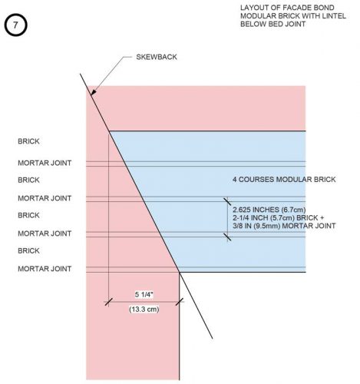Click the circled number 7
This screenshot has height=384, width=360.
[x=15, y=25]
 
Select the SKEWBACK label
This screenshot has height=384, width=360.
[x=157, y=57]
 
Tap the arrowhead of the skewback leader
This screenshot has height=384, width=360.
[x=93, y=92]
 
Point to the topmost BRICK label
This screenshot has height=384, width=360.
[x=28, y=141]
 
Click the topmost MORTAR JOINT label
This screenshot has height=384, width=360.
[x=45, y=163]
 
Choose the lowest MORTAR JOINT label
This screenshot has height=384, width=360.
[x=45, y=269]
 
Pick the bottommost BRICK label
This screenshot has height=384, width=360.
[x=28, y=250]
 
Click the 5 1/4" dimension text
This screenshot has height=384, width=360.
[x=144, y=295]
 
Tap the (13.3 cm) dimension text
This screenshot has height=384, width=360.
[x=144, y=310]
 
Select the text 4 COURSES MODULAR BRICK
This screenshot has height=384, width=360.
[x=284, y=180]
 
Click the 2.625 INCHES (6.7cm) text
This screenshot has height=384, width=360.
[x=269, y=210]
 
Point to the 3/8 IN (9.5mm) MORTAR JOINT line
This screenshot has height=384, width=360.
[x=284, y=226]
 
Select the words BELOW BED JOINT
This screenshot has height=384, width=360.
[x=272, y=24]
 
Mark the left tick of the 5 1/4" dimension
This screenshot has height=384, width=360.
[x=108, y=302]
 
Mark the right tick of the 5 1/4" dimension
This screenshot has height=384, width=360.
[x=180, y=302]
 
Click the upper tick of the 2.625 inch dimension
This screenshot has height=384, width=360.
[x=227, y=201]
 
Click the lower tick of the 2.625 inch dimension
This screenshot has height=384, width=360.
[x=227, y=237]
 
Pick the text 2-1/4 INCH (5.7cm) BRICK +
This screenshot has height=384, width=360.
[x=279, y=218]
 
